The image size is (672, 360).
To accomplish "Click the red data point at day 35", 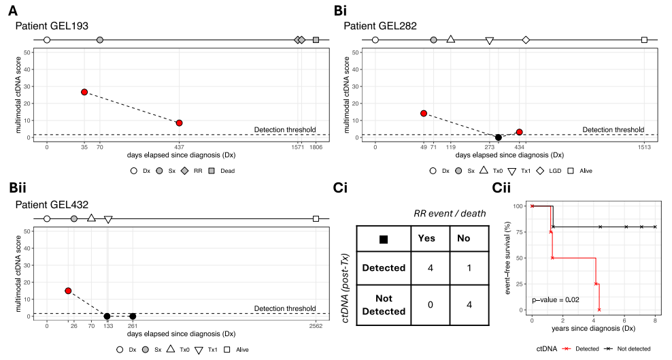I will pyautogui.click(x=84, y=92).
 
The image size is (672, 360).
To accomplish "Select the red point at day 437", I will pyautogui.click(x=179, y=123).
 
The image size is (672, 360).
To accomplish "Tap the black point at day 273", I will pyautogui.click(x=498, y=137).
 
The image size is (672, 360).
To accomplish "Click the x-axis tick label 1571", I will pyautogui.click(x=298, y=147).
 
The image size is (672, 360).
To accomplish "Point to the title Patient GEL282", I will pyautogui.click(x=380, y=26).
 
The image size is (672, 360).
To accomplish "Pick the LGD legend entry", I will pyautogui.click(x=550, y=171).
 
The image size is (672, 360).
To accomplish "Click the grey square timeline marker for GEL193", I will pyautogui.click(x=316, y=40).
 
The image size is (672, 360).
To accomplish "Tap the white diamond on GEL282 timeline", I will pyautogui.click(x=526, y=40).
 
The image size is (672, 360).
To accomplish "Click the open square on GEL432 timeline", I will pyautogui.click(x=316, y=218).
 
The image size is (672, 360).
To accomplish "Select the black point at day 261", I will pyautogui.click(x=133, y=316).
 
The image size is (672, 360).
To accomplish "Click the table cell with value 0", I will pyautogui.click(x=430, y=304).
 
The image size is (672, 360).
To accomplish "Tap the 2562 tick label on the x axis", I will pyautogui.click(x=316, y=326).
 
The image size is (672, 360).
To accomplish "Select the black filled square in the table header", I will pyautogui.click(x=383, y=238).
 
